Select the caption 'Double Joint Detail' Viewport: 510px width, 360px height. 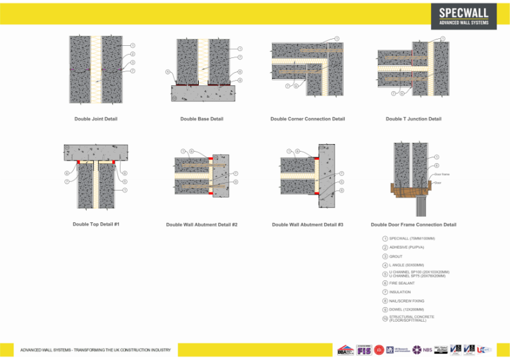(96, 119)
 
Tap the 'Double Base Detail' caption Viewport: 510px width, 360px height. (201, 119)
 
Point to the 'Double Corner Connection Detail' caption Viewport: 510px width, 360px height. (307, 119)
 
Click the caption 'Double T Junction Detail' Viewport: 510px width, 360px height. (413, 119)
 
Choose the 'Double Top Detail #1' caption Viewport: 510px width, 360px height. (96, 224)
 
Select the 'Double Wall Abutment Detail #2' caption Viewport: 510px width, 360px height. (201, 225)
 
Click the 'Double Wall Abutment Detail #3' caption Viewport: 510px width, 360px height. (307, 225)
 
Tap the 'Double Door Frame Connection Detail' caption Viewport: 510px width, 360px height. (413, 225)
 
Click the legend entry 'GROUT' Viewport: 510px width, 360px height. (395, 257)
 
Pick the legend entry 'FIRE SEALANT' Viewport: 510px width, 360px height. (402, 283)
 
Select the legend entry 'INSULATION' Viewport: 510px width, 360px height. (400, 292)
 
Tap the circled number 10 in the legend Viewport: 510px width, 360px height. (385, 319)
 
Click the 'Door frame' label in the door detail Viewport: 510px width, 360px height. (442, 174)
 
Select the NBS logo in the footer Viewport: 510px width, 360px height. (421, 349)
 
